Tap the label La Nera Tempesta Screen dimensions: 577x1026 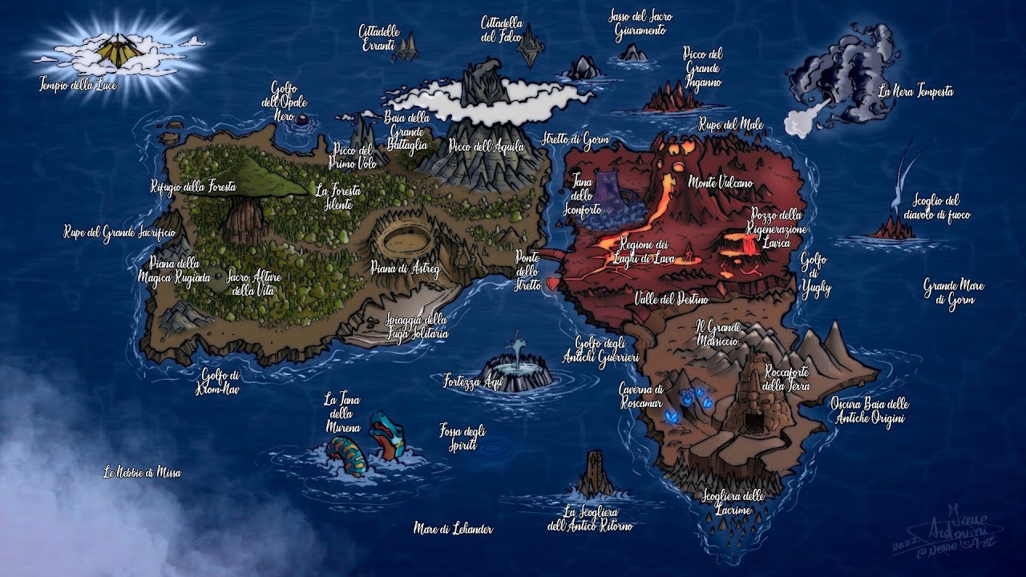(x=915, y=91)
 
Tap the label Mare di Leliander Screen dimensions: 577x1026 (x=453, y=529)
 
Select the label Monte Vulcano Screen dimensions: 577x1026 (x=720, y=184)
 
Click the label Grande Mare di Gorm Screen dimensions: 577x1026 (x=953, y=293)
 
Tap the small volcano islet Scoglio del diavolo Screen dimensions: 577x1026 (x=894, y=228)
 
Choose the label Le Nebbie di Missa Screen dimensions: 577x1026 (x=142, y=473)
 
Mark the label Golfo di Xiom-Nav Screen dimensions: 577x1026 (x=220, y=381)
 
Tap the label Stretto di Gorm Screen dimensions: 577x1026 (x=575, y=139)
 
